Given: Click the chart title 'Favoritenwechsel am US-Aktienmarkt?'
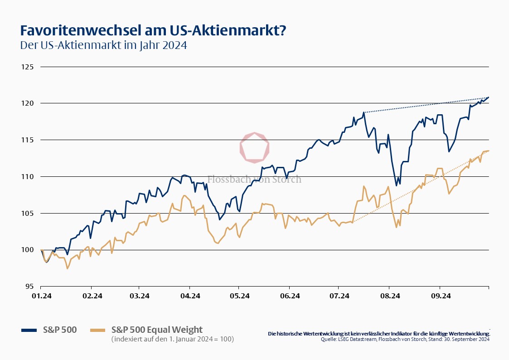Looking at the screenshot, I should coord(153,30).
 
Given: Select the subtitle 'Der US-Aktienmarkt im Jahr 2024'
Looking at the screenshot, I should coord(103,46).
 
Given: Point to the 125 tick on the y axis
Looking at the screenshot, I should coord(28,67).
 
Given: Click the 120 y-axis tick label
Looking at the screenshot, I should coord(28,103).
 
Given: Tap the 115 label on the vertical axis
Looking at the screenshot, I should coord(28,140).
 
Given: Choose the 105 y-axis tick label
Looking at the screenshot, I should coord(28,213).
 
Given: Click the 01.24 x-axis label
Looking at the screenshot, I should coord(41,296).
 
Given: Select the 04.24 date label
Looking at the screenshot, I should coord(190,296).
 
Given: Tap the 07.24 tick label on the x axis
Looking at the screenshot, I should coord(339,296).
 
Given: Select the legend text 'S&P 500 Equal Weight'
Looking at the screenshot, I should coord(157,330).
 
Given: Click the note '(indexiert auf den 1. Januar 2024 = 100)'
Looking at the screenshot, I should coord(173,339).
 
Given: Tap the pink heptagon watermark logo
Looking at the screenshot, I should coord(254,147).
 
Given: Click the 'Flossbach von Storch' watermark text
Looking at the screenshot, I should coord(254,180).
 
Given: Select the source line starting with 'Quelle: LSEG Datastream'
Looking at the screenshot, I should coord(405,339).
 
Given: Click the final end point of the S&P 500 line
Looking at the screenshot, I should coord(489,97).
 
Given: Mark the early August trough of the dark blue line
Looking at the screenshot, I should coord(396,185).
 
